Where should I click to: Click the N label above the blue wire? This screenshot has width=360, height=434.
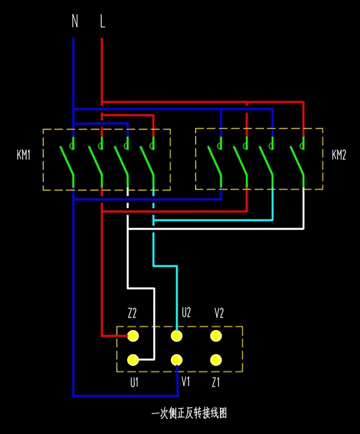[x=75, y=21]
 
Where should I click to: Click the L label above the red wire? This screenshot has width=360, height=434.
[x=102, y=21]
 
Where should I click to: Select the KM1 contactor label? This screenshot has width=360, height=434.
[x=24, y=155]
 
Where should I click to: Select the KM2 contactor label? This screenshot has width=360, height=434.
[x=339, y=155]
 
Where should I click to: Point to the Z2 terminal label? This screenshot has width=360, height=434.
[x=132, y=314]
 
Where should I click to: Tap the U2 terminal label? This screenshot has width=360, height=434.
[x=186, y=313]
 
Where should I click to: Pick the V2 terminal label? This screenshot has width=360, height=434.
[x=219, y=313]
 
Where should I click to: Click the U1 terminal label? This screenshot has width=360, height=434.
[x=134, y=382]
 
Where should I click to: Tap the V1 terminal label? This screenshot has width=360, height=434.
[x=185, y=382]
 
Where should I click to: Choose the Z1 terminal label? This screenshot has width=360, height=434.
[x=215, y=382]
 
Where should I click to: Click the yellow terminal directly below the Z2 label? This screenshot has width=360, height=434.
[x=133, y=336]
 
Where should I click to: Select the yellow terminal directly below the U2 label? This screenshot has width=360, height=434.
[x=176, y=336]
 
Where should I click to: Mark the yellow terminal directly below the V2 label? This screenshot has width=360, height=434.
[x=215, y=336]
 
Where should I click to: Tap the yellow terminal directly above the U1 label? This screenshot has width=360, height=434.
[x=133, y=360]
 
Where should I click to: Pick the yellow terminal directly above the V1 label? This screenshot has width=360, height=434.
[x=176, y=360]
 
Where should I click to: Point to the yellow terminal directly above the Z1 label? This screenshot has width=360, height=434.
[x=215, y=360]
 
